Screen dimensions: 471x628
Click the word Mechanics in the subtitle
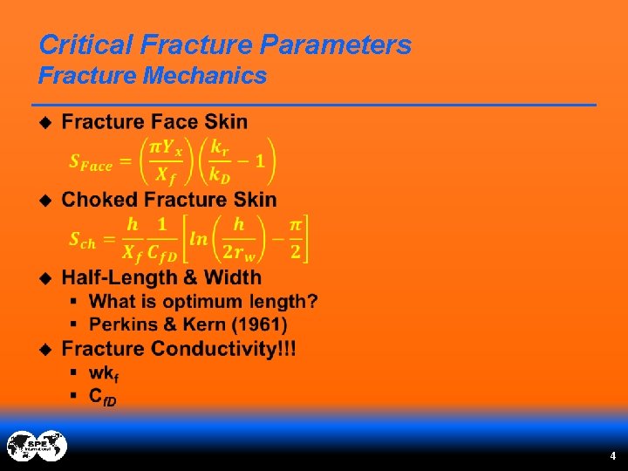pyautogui.click(x=204, y=76)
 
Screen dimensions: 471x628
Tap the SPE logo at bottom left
pyautogui.click(x=37, y=446)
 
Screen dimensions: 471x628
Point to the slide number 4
pyautogui.click(x=612, y=456)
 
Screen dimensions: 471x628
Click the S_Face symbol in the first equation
pyautogui.click(x=91, y=163)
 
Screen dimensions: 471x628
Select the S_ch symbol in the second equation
pyautogui.click(x=82, y=242)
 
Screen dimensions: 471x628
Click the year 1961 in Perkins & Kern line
pyautogui.click(x=266, y=324)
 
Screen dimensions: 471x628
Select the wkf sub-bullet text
pyautogui.click(x=103, y=372)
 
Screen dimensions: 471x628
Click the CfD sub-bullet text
pyautogui.click(x=102, y=396)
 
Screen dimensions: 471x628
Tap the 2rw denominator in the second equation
pyautogui.click(x=238, y=254)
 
